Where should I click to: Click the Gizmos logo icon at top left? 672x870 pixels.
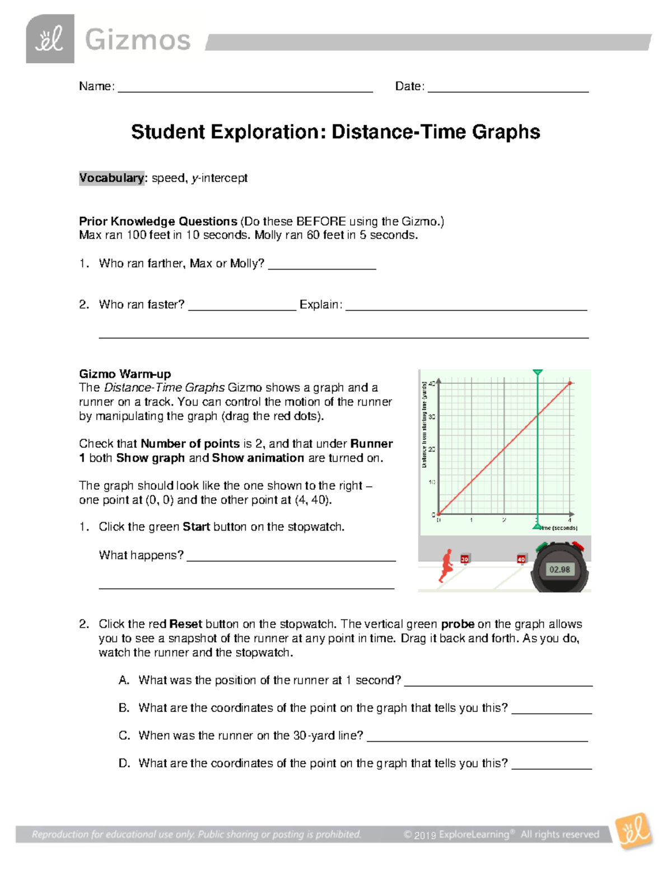pos(50,39)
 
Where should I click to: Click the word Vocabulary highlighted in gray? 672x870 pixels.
pos(111,178)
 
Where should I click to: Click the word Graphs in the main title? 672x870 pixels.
pos(505,132)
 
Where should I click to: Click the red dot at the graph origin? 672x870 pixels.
pos(438,514)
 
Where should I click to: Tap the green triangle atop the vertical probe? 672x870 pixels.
pos(538,373)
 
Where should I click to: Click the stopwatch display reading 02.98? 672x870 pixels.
pos(559,570)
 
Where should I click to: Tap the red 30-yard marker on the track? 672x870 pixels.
pos(465,559)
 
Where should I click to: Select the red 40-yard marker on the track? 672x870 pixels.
pos(521,559)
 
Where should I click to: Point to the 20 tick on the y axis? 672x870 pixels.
pos(432,449)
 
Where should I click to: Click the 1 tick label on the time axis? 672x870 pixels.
pos(472,520)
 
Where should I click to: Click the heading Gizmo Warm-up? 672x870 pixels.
pos(125,374)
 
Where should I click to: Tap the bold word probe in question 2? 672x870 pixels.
pos(458,624)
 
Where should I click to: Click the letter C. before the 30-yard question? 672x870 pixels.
pos(124,736)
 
